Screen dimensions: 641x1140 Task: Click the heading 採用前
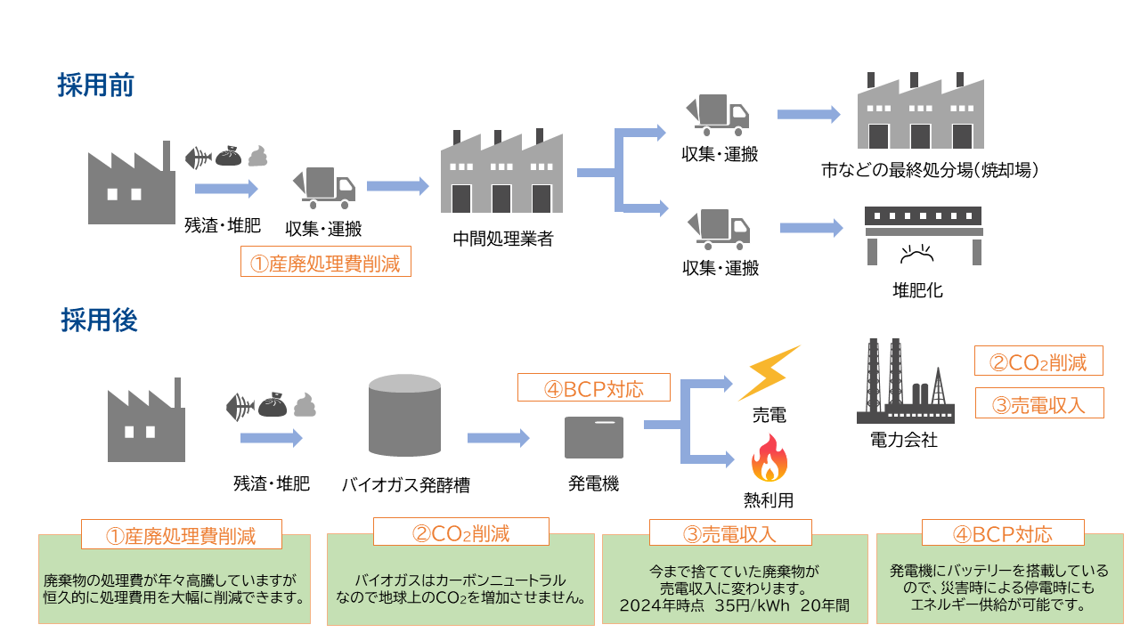(95, 85)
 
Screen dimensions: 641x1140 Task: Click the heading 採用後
(99, 320)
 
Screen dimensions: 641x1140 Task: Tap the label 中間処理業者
(502, 239)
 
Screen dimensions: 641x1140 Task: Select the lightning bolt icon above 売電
(769, 372)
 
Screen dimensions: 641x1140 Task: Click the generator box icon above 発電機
(594, 437)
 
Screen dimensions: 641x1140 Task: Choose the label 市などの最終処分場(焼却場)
(930, 169)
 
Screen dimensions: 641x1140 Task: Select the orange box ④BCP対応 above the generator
(593, 388)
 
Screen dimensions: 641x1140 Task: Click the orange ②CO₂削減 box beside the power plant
(1038, 361)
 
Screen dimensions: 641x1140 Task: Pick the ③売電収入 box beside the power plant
(1038, 403)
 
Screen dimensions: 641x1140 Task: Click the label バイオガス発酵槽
(405, 485)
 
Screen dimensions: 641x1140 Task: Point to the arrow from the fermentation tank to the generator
(498, 438)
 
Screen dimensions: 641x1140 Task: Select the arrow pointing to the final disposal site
(808, 115)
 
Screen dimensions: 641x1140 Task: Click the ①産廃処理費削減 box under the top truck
(325, 263)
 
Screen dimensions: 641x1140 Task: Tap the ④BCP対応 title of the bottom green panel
(1002, 533)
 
